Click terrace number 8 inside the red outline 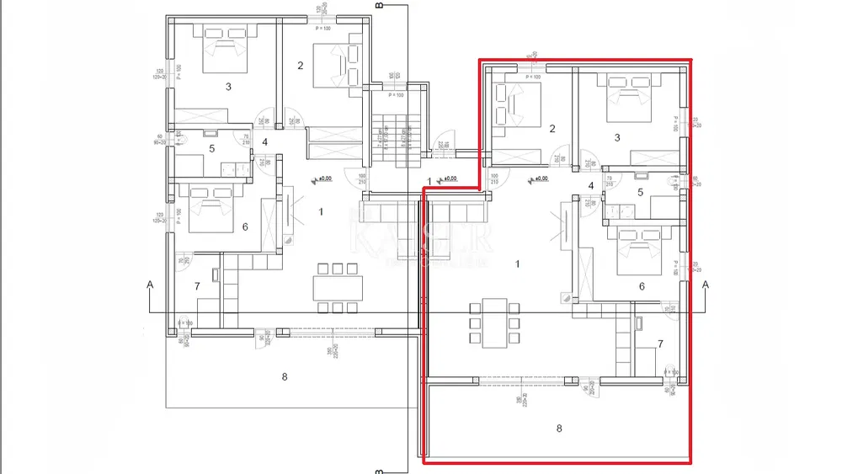click(x=559, y=428)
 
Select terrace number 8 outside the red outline click(x=285, y=376)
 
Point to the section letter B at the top click(x=379, y=7)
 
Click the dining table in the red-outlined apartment click(x=494, y=322)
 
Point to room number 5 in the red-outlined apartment click(x=640, y=192)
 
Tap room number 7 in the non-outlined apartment click(x=197, y=286)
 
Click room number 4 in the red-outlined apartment click(x=591, y=186)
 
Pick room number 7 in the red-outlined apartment click(x=660, y=344)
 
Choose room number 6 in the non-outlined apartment click(x=245, y=226)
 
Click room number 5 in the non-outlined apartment click(x=211, y=149)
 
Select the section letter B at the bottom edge click(x=379, y=468)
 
